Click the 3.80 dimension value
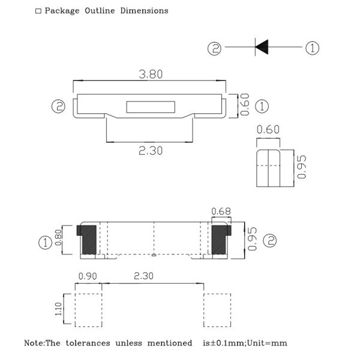tap(151, 74)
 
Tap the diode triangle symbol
tap(262, 47)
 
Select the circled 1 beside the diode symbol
tap(312, 48)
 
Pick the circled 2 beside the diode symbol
tap(214, 49)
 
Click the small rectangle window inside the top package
tap(151, 107)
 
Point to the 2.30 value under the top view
tap(151, 151)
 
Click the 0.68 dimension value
tap(221, 211)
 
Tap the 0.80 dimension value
tap(58, 238)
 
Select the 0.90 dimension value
tap(88, 276)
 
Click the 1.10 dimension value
tap(58, 309)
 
